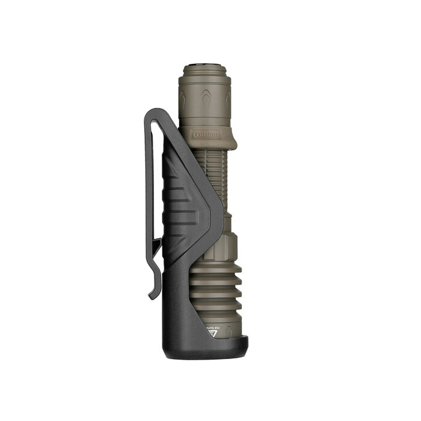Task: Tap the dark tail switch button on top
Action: click(x=204, y=65)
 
